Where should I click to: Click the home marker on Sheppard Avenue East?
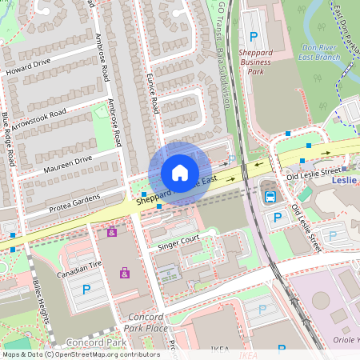180,173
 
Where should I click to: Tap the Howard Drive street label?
28,63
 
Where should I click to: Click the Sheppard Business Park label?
256,62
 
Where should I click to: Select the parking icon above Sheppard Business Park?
254,36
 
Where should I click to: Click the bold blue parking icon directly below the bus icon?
278,217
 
